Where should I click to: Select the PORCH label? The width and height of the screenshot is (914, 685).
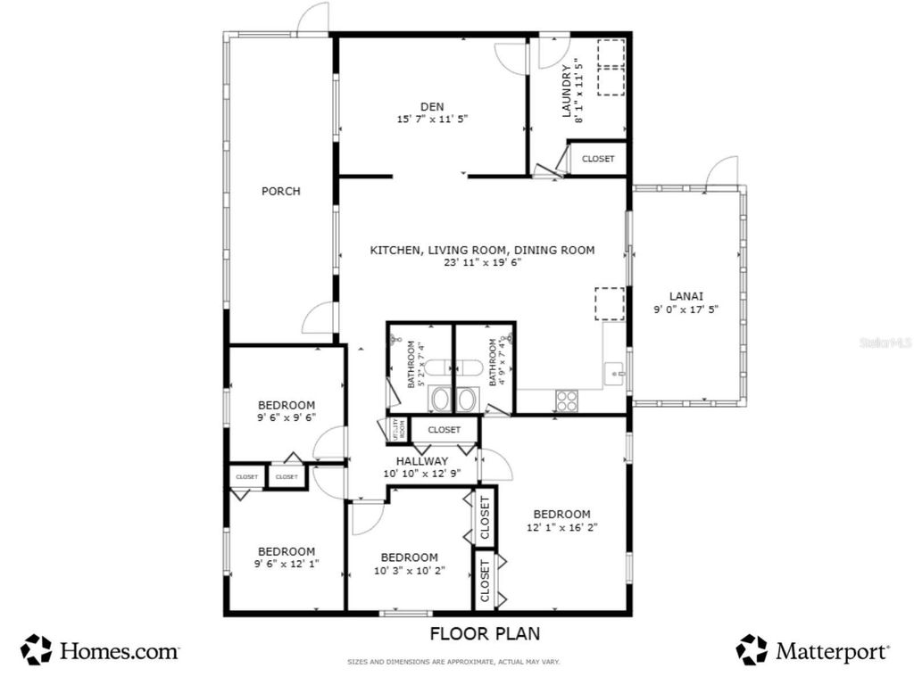(280, 191)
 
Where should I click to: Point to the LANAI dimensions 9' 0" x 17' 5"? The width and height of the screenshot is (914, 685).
(685, 309)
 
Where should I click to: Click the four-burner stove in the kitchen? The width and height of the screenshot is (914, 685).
(568, 400)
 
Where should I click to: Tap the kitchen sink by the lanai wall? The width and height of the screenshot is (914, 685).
(615, 375)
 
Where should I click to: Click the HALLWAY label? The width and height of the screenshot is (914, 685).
(422, 461)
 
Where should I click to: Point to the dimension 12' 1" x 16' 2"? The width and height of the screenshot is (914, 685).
(561, 527)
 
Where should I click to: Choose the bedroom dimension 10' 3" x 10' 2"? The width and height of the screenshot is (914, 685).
(410, 570)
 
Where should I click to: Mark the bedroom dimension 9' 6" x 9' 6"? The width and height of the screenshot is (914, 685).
(287, 417)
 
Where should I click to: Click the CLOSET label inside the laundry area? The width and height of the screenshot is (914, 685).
(598, 159)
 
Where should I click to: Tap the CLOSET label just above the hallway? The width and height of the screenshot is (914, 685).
(444, 430)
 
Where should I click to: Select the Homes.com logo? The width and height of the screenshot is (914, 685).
(101, 650)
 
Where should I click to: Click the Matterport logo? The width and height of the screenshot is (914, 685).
(813, 650)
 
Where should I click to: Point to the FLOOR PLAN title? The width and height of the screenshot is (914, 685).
(485, 634)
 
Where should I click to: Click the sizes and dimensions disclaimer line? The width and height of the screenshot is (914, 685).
(453, 662)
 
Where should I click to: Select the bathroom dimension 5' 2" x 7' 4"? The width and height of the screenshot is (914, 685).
(420, 363)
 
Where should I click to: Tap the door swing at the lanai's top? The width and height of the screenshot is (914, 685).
(721, 173)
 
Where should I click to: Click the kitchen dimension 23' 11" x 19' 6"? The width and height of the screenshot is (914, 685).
(483, 263)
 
